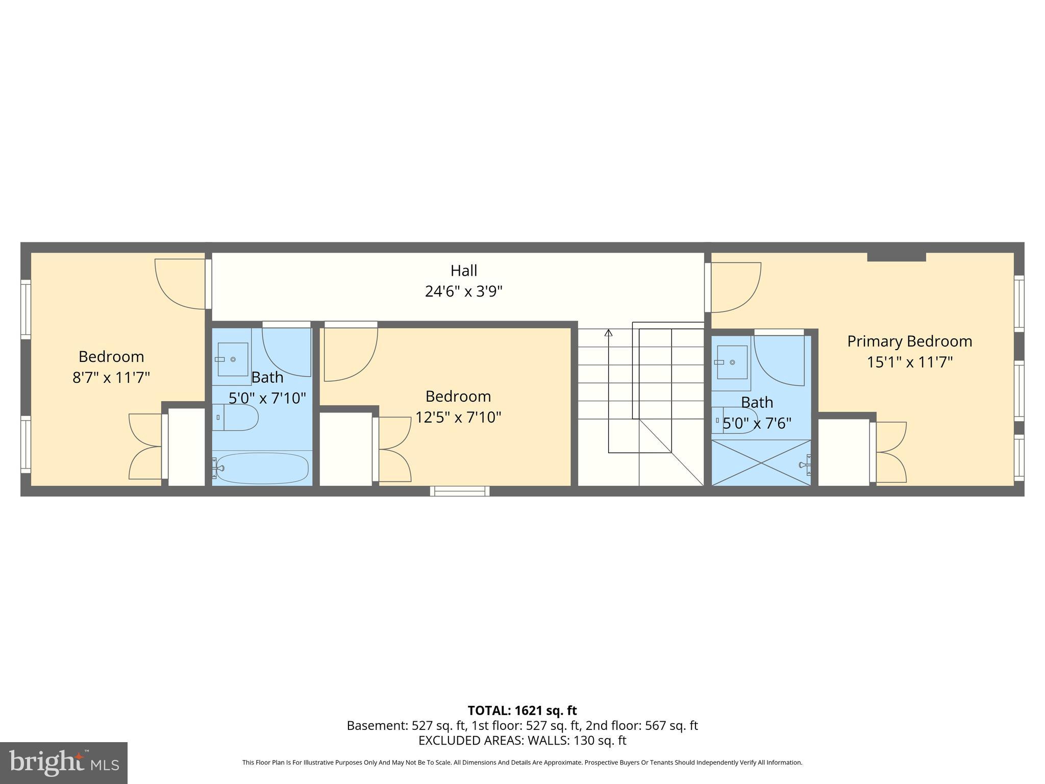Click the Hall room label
click(x=463, y=270)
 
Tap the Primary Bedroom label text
click(x=909, y=341)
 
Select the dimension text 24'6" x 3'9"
click(x=463, y=291)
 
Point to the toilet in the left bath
click(x=236, y=417)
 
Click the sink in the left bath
click(x=233, y=359)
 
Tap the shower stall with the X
click(x=760, y=462)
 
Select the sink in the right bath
click(x=732, y=362)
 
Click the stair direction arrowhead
click(x=608, y=333)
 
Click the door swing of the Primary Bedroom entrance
click(x=735, y=287)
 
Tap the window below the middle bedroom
click(x=460, y=491)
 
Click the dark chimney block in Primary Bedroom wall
click(x=897, y=257)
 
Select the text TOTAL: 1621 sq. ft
click(x=522, y=710)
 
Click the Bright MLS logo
click(x=63, y=763)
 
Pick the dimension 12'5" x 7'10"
click(x=458, y=418)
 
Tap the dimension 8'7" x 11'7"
click(x=111, y=378)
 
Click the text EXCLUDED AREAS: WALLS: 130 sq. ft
click(x=522, y=740)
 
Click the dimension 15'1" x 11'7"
click(x=909, y=362)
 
